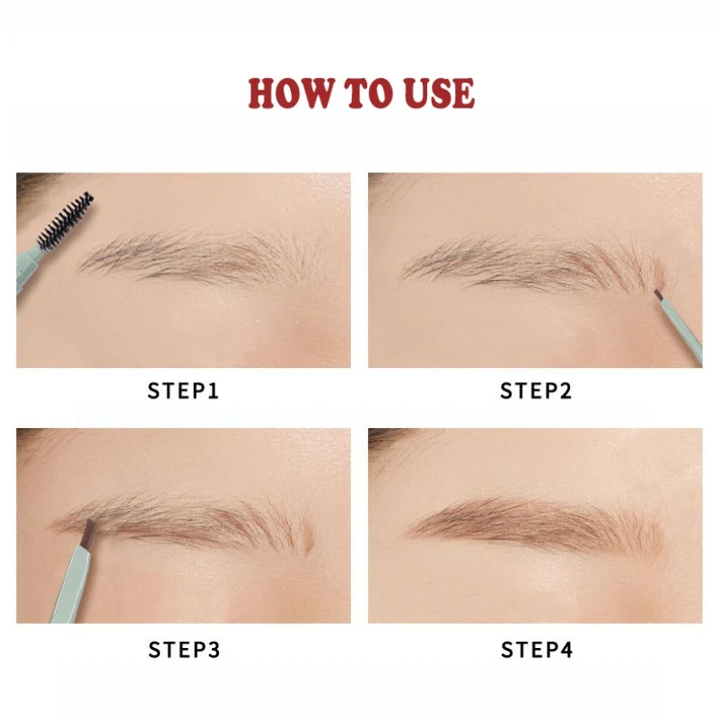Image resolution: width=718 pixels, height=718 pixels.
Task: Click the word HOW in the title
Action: [291, 93]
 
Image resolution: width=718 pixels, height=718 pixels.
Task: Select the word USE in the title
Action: [439, 93]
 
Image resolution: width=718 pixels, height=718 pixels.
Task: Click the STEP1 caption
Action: [183, 391]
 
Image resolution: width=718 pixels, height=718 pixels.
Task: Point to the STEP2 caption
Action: [536, 391]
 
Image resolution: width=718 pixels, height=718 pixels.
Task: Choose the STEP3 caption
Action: [184, 650]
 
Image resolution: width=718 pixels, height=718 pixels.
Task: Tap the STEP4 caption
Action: [537, 650]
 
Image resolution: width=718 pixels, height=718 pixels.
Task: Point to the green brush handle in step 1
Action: [29, 270]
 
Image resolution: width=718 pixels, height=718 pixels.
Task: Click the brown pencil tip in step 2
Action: [658, 294]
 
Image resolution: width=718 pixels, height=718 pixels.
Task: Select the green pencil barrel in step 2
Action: [681, 329]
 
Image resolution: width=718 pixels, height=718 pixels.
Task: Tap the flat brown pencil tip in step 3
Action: [87, 533]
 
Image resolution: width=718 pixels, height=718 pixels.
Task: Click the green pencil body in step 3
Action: [71, 585]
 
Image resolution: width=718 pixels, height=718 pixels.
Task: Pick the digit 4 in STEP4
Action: [566, 650]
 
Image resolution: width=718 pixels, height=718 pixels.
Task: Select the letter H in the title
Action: [262, 93]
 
